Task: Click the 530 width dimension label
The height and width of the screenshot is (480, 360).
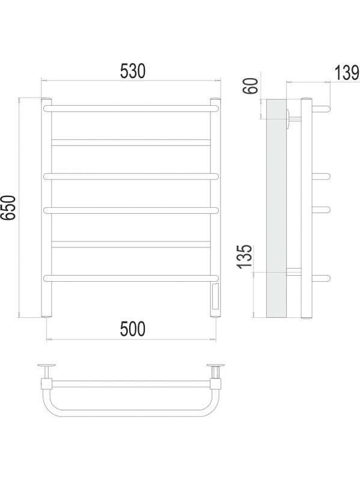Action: [132, 71]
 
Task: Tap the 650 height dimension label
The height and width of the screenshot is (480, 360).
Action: [8, 207]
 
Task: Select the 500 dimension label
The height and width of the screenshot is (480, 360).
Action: [132, 329]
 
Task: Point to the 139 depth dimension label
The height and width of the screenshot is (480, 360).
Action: [347, 73]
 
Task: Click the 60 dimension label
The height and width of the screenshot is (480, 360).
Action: [251, 86]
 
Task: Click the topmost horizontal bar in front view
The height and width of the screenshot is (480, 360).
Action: [132, 108]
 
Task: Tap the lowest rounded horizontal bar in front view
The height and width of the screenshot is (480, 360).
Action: [132, 278]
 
